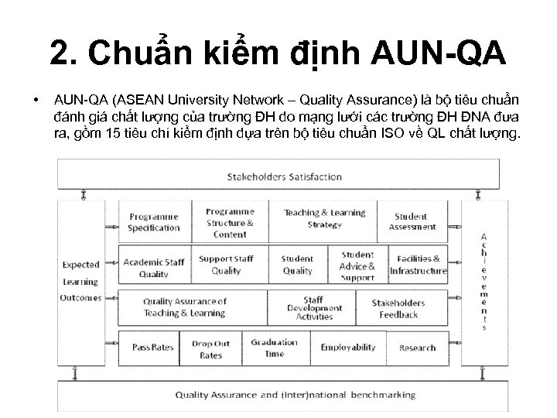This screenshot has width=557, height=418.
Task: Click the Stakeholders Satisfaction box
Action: pos(284,176)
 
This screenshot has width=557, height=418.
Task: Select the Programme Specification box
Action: pos(153,222)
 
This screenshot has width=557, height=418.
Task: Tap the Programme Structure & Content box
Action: pos(230,222)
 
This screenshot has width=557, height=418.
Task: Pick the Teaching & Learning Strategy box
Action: pos(324,218)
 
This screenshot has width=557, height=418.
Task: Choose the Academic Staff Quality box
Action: pos(153,267)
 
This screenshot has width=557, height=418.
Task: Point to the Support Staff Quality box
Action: pos(226,265)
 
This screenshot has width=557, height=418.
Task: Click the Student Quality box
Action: pos(297,265)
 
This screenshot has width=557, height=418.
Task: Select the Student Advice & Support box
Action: pos(357,266)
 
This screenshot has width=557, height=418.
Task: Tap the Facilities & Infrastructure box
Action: pos(419,265)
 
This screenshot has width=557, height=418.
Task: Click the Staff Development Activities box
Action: pos(313,307)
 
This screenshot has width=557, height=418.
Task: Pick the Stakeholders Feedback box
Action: pos(398,308)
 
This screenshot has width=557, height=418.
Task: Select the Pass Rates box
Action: pos(152,348)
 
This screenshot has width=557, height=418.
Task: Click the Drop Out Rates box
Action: pos(211,349)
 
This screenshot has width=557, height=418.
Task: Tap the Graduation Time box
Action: pos(274,348)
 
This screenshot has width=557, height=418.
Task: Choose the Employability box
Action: pos(347,348)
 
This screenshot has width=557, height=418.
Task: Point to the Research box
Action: pos(417,348)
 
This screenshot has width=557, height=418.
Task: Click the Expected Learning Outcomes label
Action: pos(81,281)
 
